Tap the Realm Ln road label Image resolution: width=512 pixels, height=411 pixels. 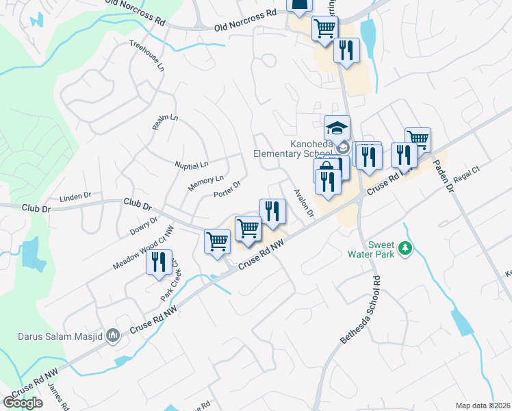point(165,122)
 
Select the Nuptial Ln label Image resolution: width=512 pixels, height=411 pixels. point(191,165)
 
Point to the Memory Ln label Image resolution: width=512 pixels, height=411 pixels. point(205,183)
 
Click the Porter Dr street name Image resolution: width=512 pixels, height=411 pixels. point(227,188)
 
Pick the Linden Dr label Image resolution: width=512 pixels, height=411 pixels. point(75,197)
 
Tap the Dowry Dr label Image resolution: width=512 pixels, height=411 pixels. point(144,227)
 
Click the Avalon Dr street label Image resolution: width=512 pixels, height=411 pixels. point(303,203)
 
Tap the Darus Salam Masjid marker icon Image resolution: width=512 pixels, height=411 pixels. point(114,336)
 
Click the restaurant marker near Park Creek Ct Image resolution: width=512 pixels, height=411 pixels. point(159,262)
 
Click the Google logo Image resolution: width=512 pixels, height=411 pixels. point(23,402)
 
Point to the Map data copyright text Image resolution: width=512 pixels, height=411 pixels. point(482,406)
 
